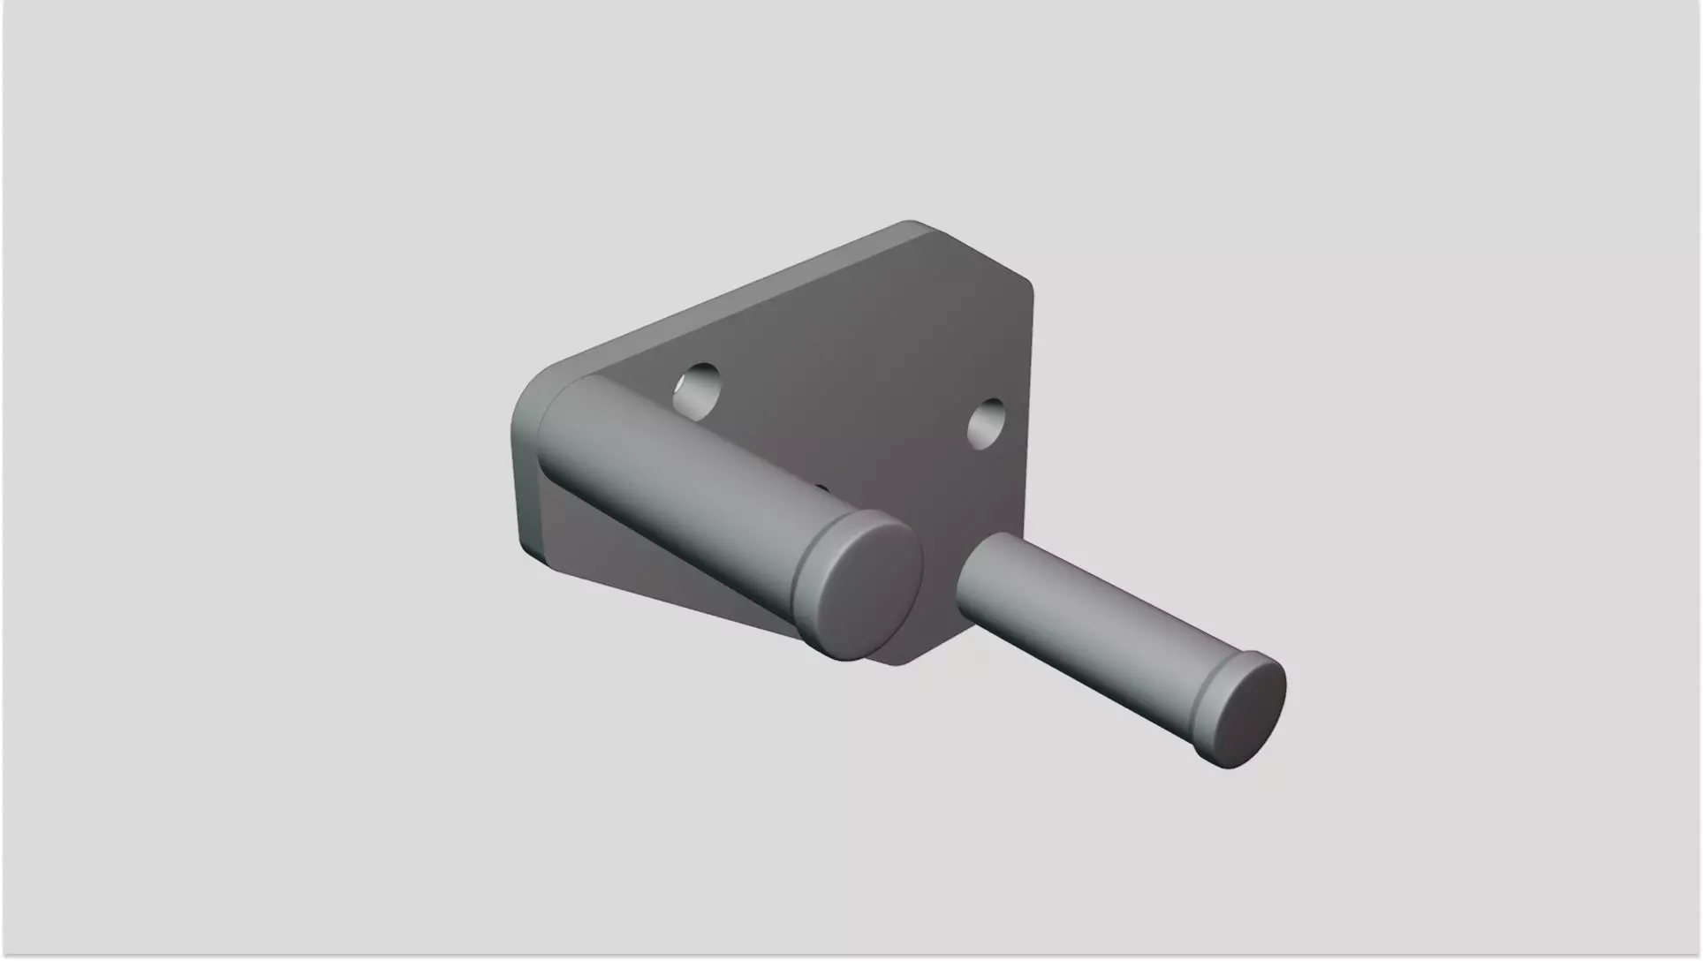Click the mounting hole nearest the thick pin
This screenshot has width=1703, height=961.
[698, 390]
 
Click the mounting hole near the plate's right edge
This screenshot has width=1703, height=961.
[987, 423]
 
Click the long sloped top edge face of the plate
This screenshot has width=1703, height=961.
[724, 300]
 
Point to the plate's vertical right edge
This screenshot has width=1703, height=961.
[1030, 397]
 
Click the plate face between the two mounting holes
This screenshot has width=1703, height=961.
[839, 389]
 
